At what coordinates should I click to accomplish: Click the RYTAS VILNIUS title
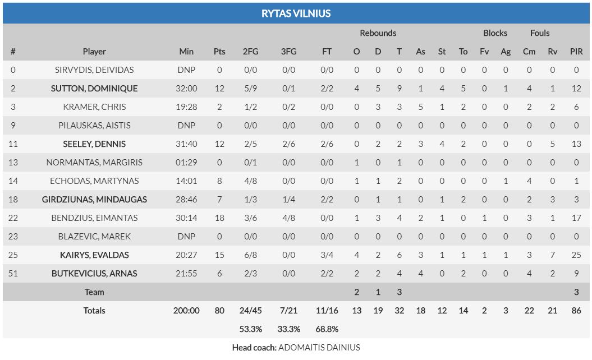[296, 13]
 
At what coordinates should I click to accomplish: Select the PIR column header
[576, 52]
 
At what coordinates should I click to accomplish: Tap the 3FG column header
[288, 52]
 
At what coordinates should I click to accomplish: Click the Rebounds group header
[378, 33]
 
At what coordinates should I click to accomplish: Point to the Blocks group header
[495, 33]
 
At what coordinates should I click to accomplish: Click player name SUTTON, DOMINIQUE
[94, 89]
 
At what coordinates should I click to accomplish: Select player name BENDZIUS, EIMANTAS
[94, 218]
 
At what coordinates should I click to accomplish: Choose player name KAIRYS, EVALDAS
[94, 255]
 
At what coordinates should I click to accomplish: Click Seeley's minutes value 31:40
[186, 144]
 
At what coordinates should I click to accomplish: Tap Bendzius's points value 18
[219, 218]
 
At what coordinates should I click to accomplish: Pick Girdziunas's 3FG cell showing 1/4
[288, 200]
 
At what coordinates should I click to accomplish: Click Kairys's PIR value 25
[576, 255]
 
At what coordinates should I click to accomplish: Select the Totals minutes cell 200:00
[186, 311]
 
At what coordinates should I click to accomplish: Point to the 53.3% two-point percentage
[250, 329]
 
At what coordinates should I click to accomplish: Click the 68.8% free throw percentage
[327, 329]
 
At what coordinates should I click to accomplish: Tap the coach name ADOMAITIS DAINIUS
[319, 348]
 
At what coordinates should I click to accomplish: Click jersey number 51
[13, 274]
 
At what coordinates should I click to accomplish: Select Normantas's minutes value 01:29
[186, 163]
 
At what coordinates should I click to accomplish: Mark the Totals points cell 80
[219, 311]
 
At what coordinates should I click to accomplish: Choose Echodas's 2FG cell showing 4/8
[250, 181]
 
